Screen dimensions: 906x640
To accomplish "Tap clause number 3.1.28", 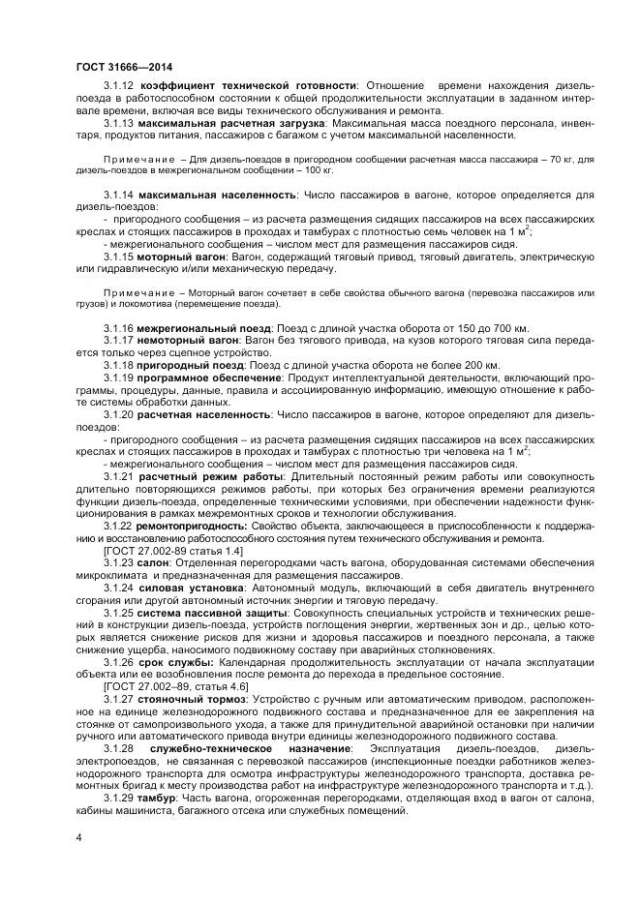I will [x=119, y=748].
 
